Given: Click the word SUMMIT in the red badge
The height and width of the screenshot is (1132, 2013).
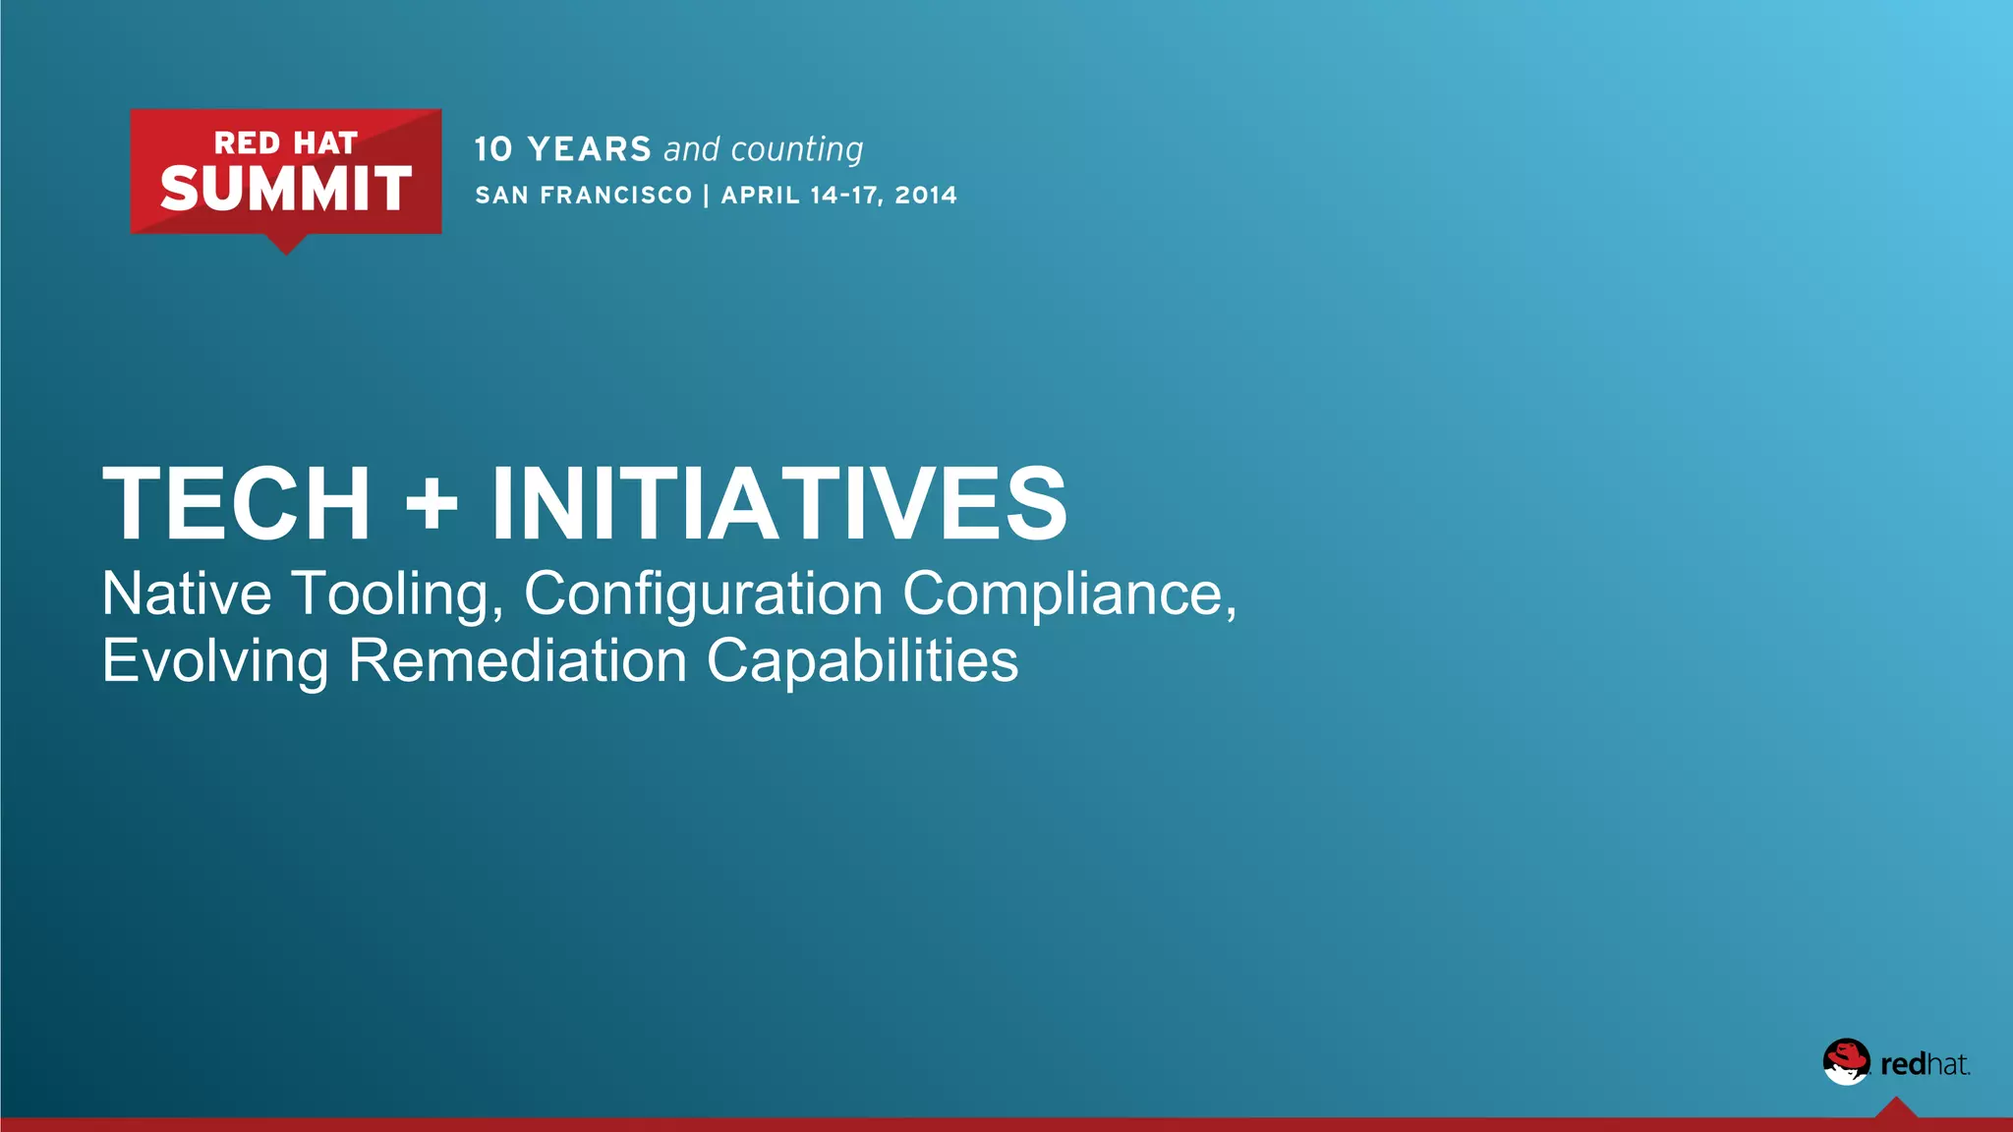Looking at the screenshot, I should pos(285,189).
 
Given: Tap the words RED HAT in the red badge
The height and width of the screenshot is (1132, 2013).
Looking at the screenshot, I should pos(285,143).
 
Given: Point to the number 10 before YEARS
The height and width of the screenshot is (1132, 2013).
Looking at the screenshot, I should pos(493,149).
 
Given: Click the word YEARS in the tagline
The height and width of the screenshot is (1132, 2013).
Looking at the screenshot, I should pos(590,149).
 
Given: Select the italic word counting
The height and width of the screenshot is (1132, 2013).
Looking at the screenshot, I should pos(797,149).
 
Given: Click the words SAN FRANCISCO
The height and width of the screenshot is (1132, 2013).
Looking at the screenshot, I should pos(584,195).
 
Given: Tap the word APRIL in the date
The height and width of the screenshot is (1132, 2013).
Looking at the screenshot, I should pos(761,195).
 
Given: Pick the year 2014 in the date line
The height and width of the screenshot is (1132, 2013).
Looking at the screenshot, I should pos(926,195).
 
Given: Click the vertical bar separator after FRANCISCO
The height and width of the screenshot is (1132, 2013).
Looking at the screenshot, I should pos(707,195).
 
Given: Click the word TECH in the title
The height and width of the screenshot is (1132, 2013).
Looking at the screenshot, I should pos(237,503).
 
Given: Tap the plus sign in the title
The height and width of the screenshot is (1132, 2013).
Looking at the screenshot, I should pos(431,505).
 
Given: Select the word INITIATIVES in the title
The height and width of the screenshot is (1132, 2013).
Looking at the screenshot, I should pos(778,503).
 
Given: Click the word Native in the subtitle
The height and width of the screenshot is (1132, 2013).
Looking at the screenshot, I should pos(187,594).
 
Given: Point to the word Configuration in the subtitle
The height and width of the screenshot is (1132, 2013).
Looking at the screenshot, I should pos(703,594).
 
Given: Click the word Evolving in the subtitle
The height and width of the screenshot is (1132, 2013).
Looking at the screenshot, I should pos(215,660).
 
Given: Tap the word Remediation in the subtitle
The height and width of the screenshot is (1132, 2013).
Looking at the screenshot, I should pos(517,660).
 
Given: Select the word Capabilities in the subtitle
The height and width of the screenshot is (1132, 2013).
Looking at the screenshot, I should pos(862,660).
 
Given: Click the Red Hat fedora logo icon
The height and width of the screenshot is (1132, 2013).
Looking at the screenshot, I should pos(1846,1061).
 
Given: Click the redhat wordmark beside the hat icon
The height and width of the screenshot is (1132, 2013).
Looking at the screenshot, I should pos(1925,1064).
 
